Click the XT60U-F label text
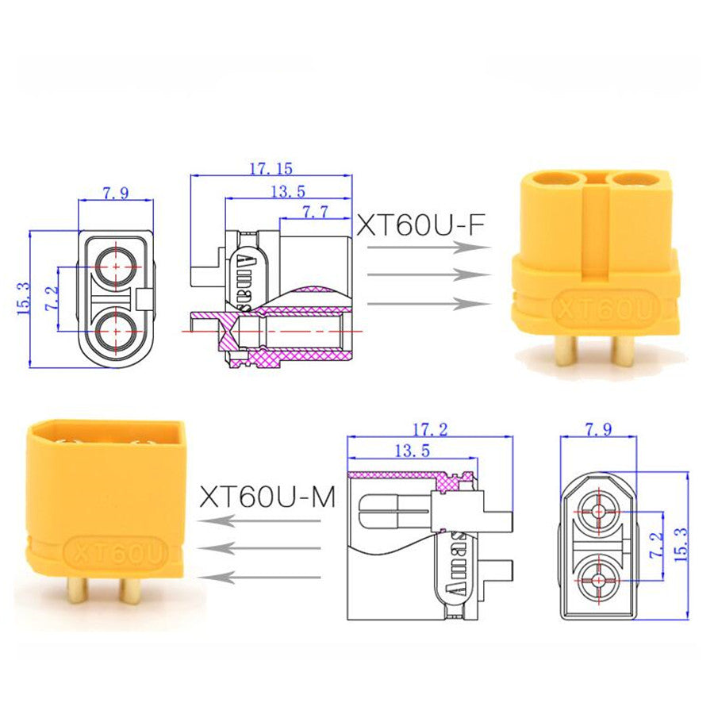[x=420, y=225]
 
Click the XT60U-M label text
[x=267, y=497]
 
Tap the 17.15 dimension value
[x=271, y=169]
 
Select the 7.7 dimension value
[x=315, y=211]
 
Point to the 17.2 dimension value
[x=430, y=429]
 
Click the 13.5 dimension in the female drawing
[x=288, y=191]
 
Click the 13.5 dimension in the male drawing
[x=412, y=451]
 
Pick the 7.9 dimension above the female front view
[x=115, y=193]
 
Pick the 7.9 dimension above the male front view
[x=598, y=429]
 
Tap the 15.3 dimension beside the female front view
[x=23, y=299]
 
